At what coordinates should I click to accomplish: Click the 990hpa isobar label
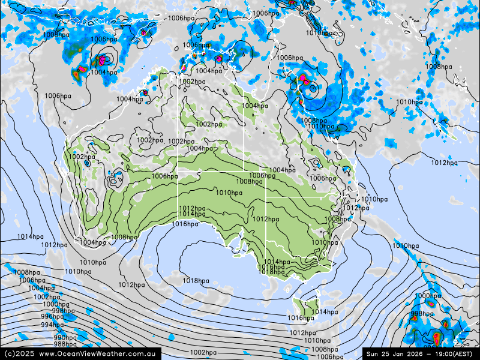coord(65,338)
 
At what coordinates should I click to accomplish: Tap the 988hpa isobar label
coord(65,344)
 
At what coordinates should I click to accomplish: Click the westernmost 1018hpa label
coord(196,281)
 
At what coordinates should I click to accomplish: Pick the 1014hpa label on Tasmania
coord(324,312)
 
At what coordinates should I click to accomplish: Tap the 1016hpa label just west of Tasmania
coord(301,318)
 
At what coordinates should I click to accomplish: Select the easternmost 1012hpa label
coord(445,163)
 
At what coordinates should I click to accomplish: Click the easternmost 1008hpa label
coord(439,67)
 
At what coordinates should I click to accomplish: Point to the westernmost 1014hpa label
coord(30,237)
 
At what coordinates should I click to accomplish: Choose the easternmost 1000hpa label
coord(428,296)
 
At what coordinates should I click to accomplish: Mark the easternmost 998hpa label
coord(422,314)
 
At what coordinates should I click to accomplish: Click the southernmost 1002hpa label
coord(203,352)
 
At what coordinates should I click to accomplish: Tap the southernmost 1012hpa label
coord(302,333)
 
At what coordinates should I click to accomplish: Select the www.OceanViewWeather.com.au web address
coord(98,354)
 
